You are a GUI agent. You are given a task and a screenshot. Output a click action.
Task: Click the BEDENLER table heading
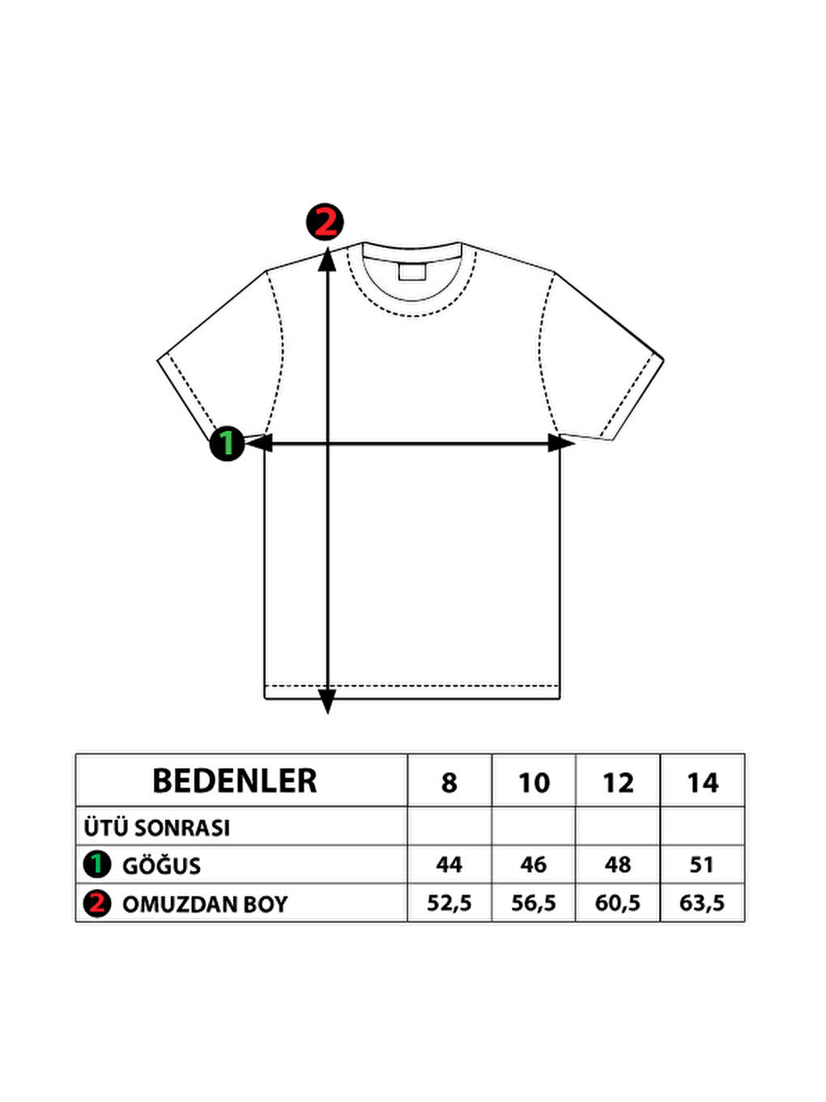point(235,781)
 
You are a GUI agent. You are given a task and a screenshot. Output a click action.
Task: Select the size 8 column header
point(449,784)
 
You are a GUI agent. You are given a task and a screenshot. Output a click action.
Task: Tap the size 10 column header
point(534,784)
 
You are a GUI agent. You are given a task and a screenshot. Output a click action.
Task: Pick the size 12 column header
point(618,784)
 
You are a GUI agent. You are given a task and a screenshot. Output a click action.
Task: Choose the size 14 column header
point(702,784)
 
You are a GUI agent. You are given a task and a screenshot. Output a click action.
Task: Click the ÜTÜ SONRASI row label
point(157,828)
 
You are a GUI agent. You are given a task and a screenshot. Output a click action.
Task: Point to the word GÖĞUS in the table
point(161,866)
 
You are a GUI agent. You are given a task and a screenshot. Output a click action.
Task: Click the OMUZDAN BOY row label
point(205,904)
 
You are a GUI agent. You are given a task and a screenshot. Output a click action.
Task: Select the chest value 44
point(449,865)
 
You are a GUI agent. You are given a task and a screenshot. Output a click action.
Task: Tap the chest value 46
point(533,865)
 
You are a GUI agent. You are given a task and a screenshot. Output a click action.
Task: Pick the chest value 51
point(701,865)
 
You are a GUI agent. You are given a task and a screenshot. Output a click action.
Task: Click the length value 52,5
point(449,903)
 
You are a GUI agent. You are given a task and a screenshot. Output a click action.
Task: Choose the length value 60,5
point(618,903)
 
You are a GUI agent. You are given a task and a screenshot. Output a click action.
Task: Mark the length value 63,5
point(702,903)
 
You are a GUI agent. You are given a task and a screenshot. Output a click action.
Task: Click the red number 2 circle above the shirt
point(325,222)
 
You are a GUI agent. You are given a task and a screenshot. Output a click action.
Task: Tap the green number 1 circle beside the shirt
point(228,444)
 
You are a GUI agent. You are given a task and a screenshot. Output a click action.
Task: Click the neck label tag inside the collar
point(412,271)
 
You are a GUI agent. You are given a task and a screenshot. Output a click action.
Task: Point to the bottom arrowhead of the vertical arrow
point(327,702)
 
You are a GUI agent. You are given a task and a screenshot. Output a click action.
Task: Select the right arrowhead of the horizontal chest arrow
point(560,443)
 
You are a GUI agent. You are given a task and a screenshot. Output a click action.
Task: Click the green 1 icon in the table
point(97,865)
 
